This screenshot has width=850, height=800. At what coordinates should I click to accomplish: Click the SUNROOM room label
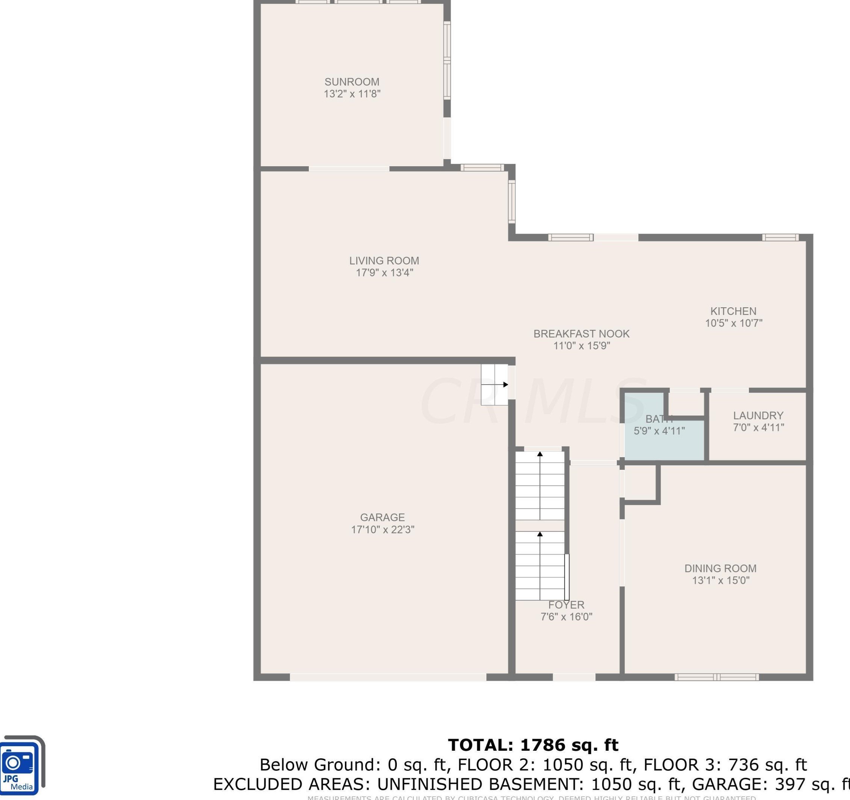coord(351,82)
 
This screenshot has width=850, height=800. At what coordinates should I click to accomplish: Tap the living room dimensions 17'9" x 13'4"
coord(384,272)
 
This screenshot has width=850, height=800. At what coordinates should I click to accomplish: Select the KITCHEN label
coord(733,311)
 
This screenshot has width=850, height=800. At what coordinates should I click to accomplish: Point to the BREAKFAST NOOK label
coord(581,334)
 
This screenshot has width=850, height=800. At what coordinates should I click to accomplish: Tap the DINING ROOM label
coord(720,568)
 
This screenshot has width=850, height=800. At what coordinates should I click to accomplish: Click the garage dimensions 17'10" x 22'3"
coord(382,529)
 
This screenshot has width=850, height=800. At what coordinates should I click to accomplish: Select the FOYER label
coord(566,604)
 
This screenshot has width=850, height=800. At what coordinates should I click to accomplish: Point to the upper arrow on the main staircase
coord(540,454)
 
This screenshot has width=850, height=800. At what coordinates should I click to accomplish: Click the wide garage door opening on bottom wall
coord(387,677)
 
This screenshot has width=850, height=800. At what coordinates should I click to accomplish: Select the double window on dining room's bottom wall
coord(716,677)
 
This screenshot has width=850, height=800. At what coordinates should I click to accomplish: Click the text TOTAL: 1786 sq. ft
coord(532,745)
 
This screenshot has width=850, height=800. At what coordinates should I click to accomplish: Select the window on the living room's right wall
coord(512,201)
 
